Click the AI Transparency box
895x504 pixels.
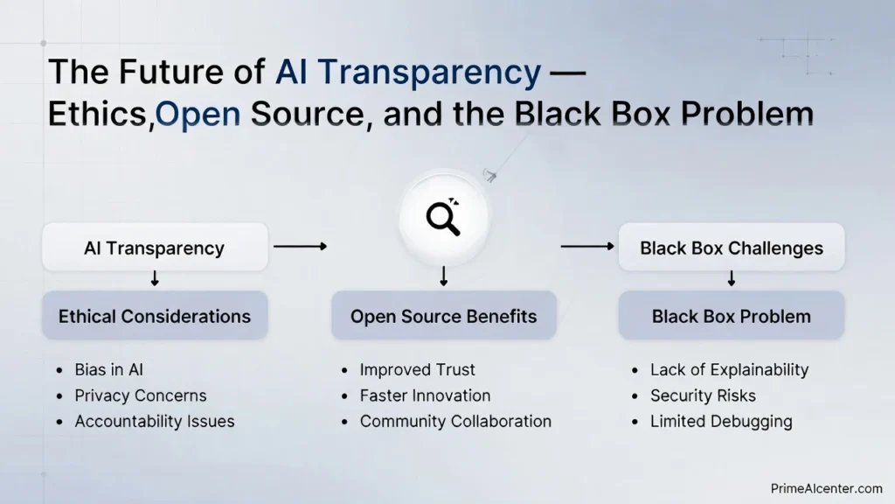pyautogui.click(x=155, y=248)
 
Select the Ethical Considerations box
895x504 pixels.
pyautogui.click(x=155, y=316)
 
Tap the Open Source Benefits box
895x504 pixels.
pyautogui.click(x=443, y=316)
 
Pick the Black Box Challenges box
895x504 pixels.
pyautogui.click(x=732, y=248)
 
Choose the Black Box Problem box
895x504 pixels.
pyautogui.click(x=732, y=316)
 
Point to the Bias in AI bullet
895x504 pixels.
pyautogui.click(x=108, y=370)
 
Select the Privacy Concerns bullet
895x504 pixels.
pyautogui.click(x=140, y=395)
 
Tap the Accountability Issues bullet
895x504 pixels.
pyautogui.click(x=154, y=421)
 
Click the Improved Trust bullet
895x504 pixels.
pyautogui.click(x=417, y=370)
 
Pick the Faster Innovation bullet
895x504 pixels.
pyautogui.click(x=425, y=395)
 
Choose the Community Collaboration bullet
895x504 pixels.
pyautogui.click(x=455, y=421)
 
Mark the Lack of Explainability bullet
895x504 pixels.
pyautogui.click(x=729, y=370)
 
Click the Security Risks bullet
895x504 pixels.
pyautogui.click(x=703, y=395)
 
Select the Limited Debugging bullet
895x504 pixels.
pyautogui.click(x=721, y=421)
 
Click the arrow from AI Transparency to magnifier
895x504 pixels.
pyautogui.click(x=300, y=247)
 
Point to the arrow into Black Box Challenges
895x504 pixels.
pyautogui.click(x=587, y=247)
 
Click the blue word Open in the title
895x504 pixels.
pyautogui.click(x=198, y=115)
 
